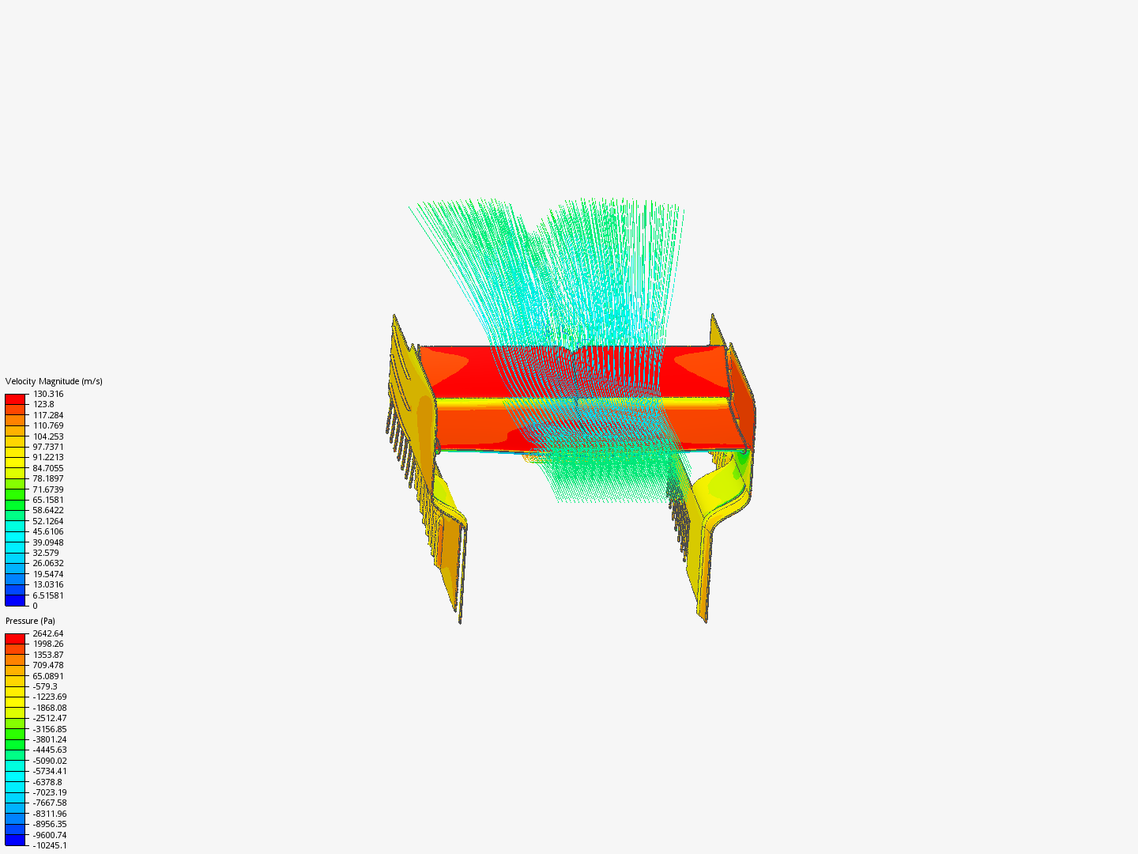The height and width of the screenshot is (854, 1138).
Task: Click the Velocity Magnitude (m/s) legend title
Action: (x=54, y=381)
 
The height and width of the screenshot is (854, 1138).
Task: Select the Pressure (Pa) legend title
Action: (x=30, y=621)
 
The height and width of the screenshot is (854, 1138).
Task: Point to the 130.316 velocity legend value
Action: (x=47, y=394)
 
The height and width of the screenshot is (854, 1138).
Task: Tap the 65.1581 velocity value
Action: (x=47, y=500)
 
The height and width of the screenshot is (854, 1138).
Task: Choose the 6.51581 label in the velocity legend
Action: (x=47, y=595)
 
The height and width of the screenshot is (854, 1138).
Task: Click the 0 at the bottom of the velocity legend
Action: (x=35, y=606)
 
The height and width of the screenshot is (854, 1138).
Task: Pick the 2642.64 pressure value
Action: (x=47, y=633)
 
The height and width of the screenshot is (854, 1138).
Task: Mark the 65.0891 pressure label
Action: (x=47, y=676)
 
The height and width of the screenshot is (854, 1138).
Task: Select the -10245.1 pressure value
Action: (x=49, y=845)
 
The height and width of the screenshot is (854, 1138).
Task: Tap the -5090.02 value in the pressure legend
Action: (x=49, y=761)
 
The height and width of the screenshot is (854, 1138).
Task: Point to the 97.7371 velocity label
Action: (x=47, y=447)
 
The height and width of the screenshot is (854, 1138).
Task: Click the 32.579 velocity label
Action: (x=45, y=553)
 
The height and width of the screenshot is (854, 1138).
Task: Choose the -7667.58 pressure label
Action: (x=49, y=803)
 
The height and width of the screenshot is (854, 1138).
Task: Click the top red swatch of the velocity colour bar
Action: (x=15, y=399)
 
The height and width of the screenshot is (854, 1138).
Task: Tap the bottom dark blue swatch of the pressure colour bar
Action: (x=15, y=840)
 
